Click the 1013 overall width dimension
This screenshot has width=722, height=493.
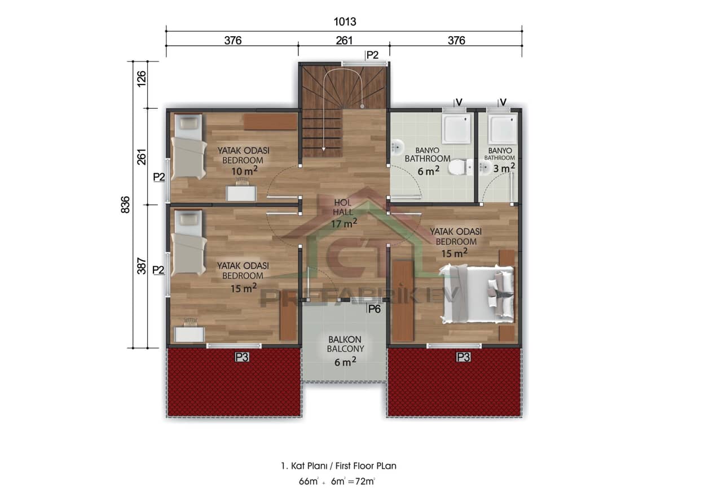[344, 21]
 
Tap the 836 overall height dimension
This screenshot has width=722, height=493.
[125, 204]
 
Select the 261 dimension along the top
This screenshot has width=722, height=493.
[344, 41]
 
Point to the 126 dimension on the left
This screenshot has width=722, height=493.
[142, 77]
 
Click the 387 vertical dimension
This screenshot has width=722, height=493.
[142, 266]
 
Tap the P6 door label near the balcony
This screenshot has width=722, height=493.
[374, 309]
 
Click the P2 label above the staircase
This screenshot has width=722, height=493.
[372, 55]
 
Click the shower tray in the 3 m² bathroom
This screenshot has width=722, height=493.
[502, 129]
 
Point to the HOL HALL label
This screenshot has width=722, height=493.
[343, 207]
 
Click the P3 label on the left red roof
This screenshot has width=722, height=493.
[242, 356]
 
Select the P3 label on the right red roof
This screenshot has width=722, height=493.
[463, 356]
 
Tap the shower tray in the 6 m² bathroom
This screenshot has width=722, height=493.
[455, 129]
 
